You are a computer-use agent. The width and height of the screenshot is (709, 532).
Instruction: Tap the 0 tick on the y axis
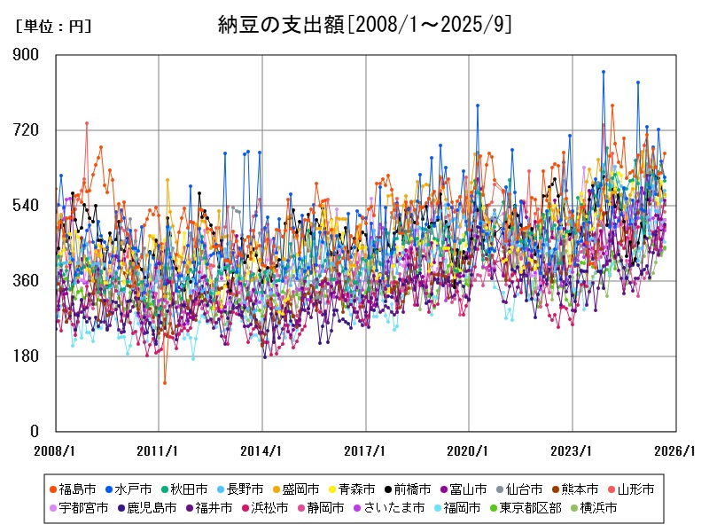point(35,432)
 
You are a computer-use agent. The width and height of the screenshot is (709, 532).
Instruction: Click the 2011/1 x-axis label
point(159,450)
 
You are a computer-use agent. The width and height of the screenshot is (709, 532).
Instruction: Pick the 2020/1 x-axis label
point(469,450)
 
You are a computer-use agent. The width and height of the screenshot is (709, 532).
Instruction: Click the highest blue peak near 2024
point(604,72)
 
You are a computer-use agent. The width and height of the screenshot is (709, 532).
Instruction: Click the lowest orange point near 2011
point(164,383)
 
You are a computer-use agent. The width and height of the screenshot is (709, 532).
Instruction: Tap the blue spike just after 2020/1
point(478,105)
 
